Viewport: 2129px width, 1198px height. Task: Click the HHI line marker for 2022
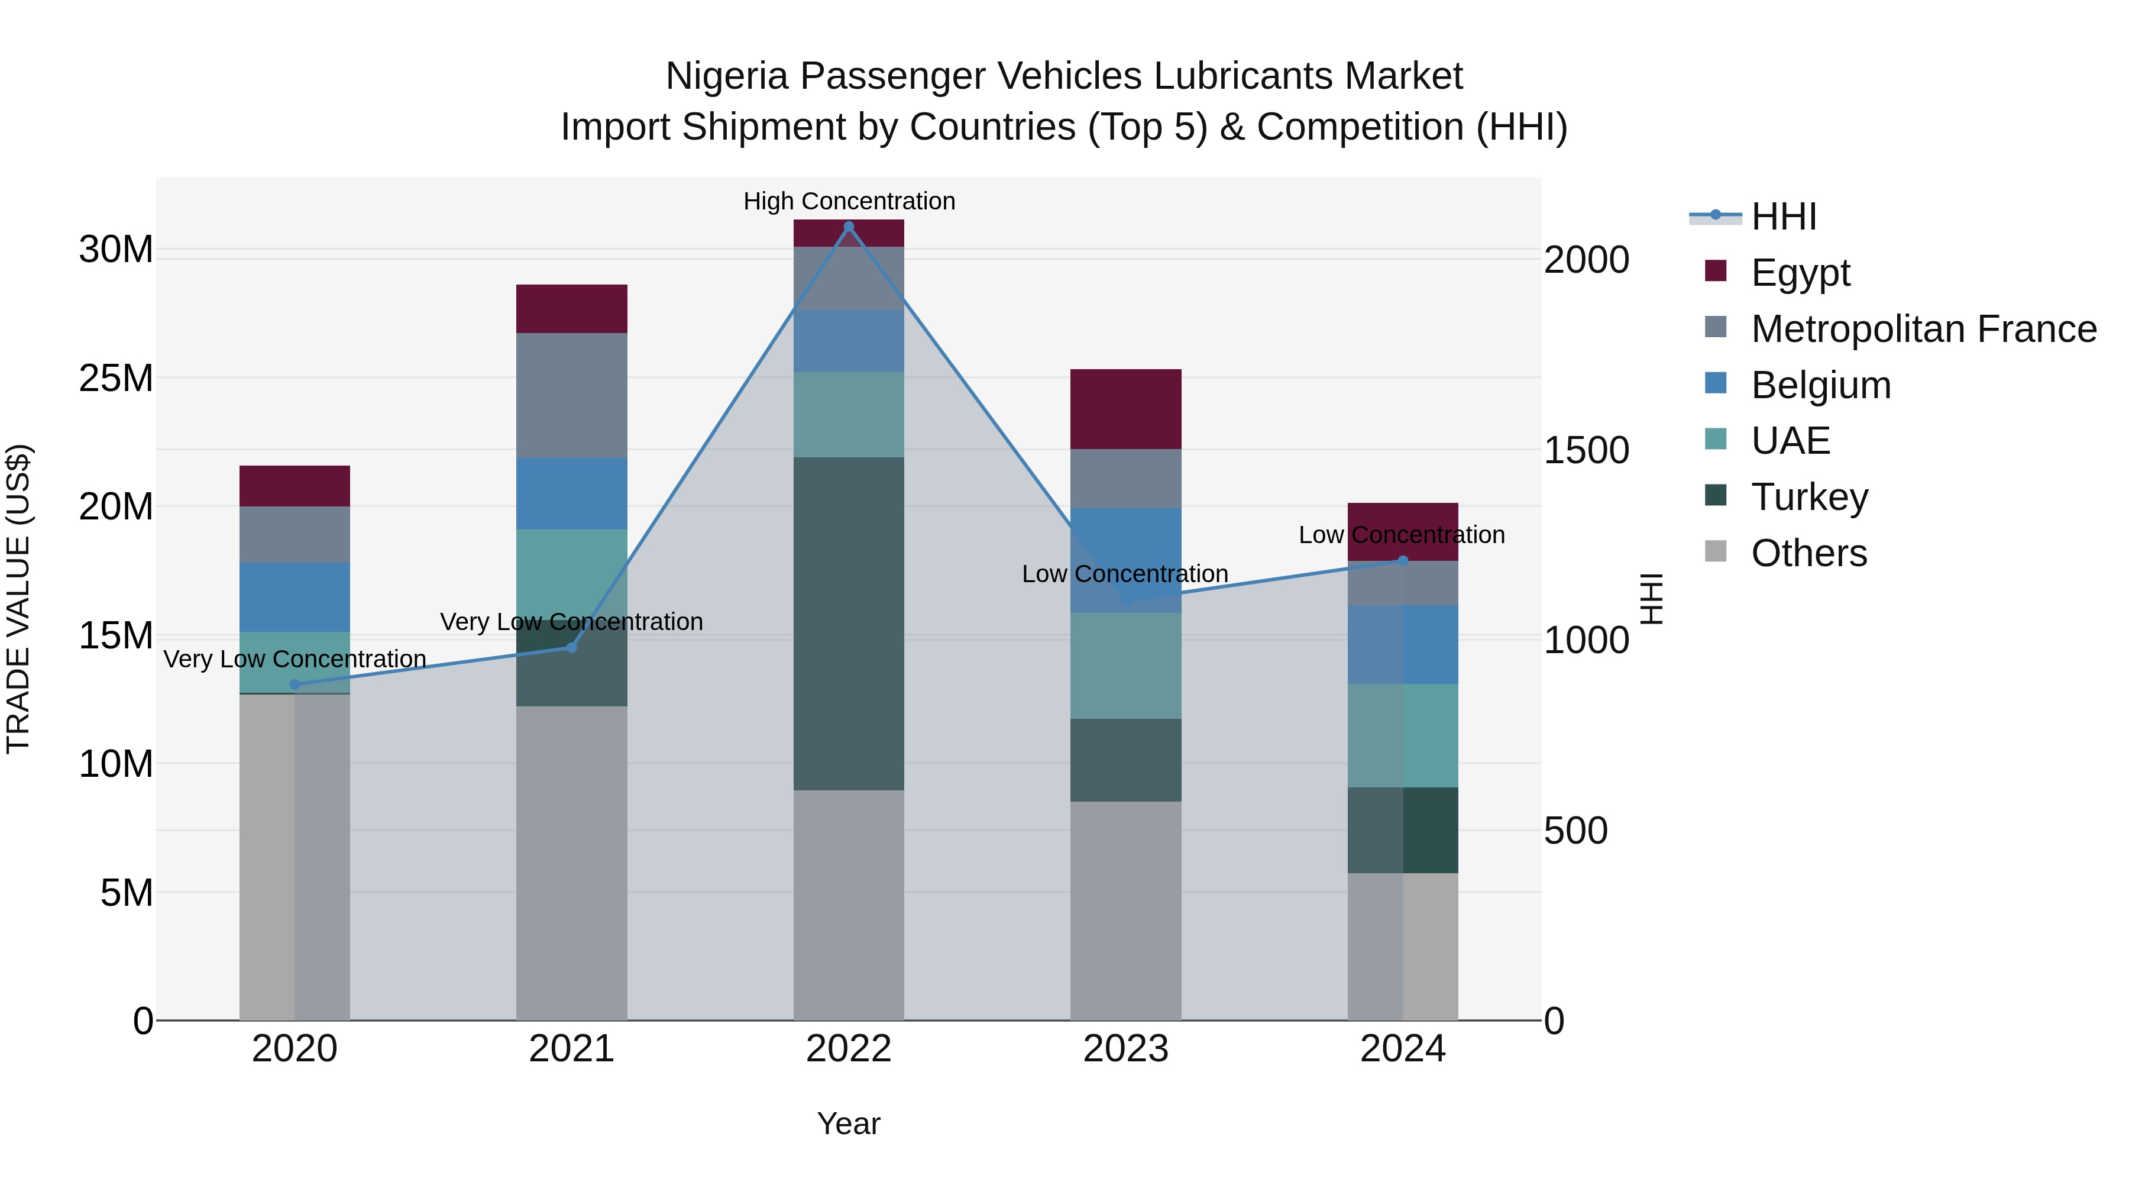(848, 227)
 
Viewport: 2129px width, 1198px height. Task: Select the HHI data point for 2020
(295, 684)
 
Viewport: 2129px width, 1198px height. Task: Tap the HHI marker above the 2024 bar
(1403, 561)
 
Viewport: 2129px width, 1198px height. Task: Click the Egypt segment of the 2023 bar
(1125, 409)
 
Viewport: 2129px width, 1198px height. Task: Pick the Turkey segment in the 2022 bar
(848, 624)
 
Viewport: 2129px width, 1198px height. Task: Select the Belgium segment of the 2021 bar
(571, 493)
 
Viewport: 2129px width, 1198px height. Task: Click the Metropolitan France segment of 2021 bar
(571, 395)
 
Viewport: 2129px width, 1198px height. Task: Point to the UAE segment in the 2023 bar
(1125, 666)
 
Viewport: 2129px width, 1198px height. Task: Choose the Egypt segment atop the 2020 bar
(295, 486)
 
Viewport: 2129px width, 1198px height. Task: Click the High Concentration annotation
(849, 201)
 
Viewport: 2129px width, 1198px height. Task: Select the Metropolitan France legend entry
(1923, 329)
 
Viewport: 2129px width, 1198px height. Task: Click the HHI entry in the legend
(1784, 217)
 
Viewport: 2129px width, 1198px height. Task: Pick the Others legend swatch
(1716, 551)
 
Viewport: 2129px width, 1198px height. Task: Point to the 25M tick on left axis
(116, 379)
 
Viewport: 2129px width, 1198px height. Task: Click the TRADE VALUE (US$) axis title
(18, 599)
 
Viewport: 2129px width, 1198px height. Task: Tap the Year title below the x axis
(848, 1123)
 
